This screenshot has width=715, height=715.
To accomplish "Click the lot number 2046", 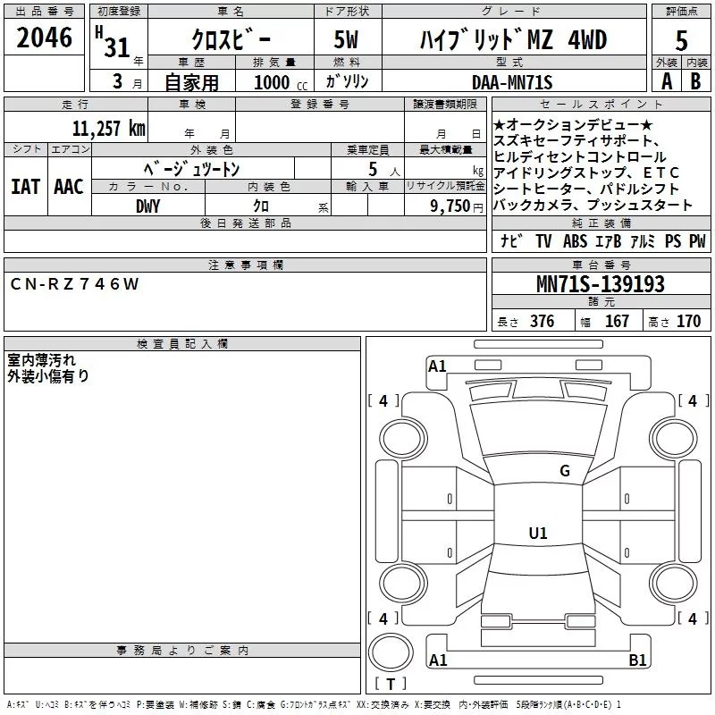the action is pos(44,38).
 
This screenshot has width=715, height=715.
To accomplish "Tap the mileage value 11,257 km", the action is pos(108,128).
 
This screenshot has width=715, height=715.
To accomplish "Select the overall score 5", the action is pos(681,40).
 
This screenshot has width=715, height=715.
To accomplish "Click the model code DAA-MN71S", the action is pos(512,82).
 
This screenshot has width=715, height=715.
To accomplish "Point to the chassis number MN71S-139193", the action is pos(601,283).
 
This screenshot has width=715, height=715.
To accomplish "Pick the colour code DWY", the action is pos(147,206).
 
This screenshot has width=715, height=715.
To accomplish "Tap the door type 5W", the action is pos(346,39).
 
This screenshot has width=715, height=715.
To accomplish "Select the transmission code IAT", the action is pos(26,187).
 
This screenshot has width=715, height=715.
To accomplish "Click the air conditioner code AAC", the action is pos(69,187).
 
